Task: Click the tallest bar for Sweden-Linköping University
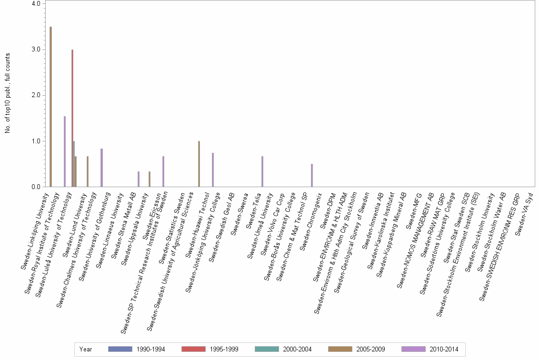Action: tap(50, 107)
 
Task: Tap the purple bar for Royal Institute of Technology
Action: tap(65, 151)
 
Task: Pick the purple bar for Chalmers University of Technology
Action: tap(101, 168)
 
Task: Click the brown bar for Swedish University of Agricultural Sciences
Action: tap(199, 164)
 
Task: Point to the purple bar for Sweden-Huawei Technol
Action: tap(213, 170)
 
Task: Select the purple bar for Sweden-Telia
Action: tap(262, 171)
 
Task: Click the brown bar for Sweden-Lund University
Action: tap(88, 171)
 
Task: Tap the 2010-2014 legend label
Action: tap(444, 349)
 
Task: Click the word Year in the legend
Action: tap(86, 349)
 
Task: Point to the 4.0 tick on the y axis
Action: tap(37, 4)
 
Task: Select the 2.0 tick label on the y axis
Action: tap(37, 95)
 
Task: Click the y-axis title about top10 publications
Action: tap(8, 93)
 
